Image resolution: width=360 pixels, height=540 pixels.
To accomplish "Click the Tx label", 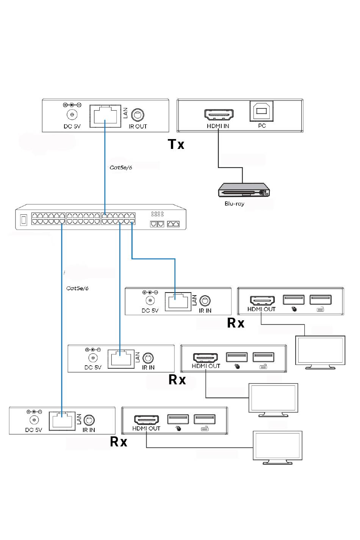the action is pyautogui.click(x=176, y=144).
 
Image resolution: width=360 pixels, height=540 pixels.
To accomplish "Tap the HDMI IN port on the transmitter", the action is pyautogui.click(x=219, y=115).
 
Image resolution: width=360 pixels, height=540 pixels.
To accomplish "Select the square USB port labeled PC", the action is pyautogui.click(x=261, y=111).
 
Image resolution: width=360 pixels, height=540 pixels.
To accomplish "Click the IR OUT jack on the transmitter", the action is pyautogui.click(x=138, y=115).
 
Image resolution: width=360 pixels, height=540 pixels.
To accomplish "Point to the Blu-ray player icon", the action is pyautogui.click(x=244, y=190).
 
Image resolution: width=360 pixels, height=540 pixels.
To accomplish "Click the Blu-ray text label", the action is pyautogui.click(x=234, y=204).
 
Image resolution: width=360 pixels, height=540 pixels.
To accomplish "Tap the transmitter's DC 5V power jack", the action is pyautogui.click(x=72, y=114).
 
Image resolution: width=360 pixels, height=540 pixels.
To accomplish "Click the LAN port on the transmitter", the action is pyautogui.click(x=105, y=116).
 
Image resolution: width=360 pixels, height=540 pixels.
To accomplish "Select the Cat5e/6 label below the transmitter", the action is pyautogui.click(x=121, y=167).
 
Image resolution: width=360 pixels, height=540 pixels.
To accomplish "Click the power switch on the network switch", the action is pyautogui.click(x=23, y=220).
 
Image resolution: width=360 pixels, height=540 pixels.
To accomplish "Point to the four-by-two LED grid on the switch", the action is pyautogui.click(x=157, y=214).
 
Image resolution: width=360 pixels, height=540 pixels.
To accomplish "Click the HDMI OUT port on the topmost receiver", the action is pyautogui.click(x=262, y=301).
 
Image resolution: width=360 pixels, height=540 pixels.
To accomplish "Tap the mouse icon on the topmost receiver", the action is pyautogui.click(x=294, y=309).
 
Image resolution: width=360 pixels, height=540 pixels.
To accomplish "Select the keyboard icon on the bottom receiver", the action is pyautogui.click(x=205, y=429).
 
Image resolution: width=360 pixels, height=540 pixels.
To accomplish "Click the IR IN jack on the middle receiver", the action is pyautogui.click(x=148, y=358).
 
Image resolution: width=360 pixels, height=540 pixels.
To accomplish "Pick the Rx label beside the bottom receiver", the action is pyautogui.click(x=118, y=442).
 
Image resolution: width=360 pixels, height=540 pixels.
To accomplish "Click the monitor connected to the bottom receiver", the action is pyautogui.click(x=277, y=448).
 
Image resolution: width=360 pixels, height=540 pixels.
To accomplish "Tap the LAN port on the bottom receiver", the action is pyautogui.click(x=62, y=421).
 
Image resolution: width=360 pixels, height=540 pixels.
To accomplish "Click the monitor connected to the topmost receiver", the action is pyautogui.click(x=320, y=352).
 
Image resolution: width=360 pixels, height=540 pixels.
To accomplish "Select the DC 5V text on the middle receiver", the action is pyautogui.click(x=93, y=368).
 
